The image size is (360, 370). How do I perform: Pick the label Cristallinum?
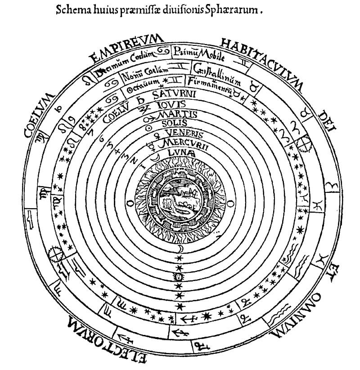pos(216,74)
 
